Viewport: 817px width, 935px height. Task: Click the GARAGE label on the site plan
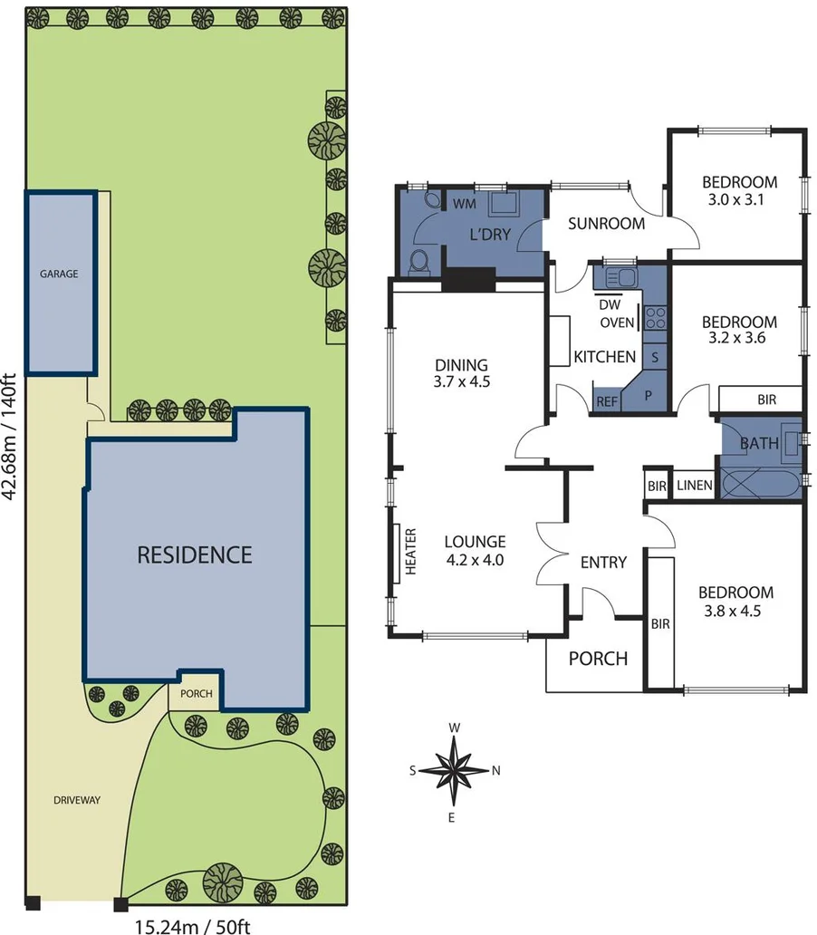58,273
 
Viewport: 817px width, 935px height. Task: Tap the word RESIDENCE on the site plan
194,554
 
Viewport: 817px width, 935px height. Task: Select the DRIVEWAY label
75,800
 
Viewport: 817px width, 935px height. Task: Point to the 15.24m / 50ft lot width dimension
191,926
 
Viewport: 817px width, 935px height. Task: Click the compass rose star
456,770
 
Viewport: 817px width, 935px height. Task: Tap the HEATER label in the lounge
410,553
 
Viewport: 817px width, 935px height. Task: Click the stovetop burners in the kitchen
656,318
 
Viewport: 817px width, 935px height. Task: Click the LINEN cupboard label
694,487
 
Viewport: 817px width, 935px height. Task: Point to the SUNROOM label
606,224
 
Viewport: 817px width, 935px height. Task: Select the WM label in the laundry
464,204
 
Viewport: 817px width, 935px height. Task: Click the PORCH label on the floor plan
597,659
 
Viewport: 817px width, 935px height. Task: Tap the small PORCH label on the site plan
197,694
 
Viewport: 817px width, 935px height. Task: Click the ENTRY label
603,563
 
